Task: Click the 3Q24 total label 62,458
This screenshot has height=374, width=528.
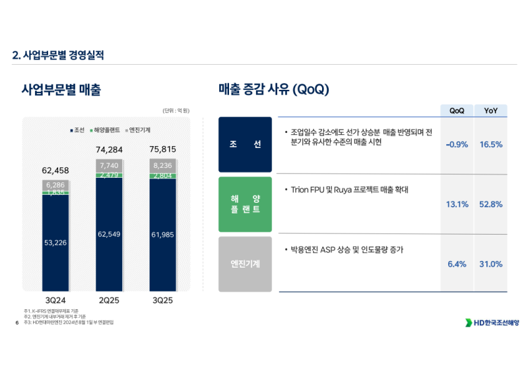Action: (x=55, y=171)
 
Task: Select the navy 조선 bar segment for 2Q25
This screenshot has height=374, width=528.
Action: (x=109, y=235)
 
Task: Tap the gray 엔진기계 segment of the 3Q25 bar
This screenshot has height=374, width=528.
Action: (x=162, y=166)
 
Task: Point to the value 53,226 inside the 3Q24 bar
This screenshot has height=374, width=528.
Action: (x=55, y=243)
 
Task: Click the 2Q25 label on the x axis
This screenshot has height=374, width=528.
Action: (x=109, y=299)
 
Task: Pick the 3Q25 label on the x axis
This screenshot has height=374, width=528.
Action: (x=162, y=299)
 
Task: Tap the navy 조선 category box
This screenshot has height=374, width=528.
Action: (x=245, y=145)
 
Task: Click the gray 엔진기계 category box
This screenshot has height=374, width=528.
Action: (x=245, y=264)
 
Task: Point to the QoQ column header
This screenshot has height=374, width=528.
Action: (x=457, y=111)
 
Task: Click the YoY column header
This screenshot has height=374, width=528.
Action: (x=491, y=111)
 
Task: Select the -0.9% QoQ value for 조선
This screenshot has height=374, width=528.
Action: (x=457, y=145)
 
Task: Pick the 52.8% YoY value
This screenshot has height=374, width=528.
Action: (x=491, y=205)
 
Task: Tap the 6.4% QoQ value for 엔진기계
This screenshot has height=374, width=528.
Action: (x=457, y=264)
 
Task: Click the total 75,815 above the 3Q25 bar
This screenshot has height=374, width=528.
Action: (x=162, y=149)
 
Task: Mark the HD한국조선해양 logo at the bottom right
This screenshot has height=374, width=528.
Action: (x=492, y=322)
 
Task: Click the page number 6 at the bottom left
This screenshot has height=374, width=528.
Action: (x=16, y=323)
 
